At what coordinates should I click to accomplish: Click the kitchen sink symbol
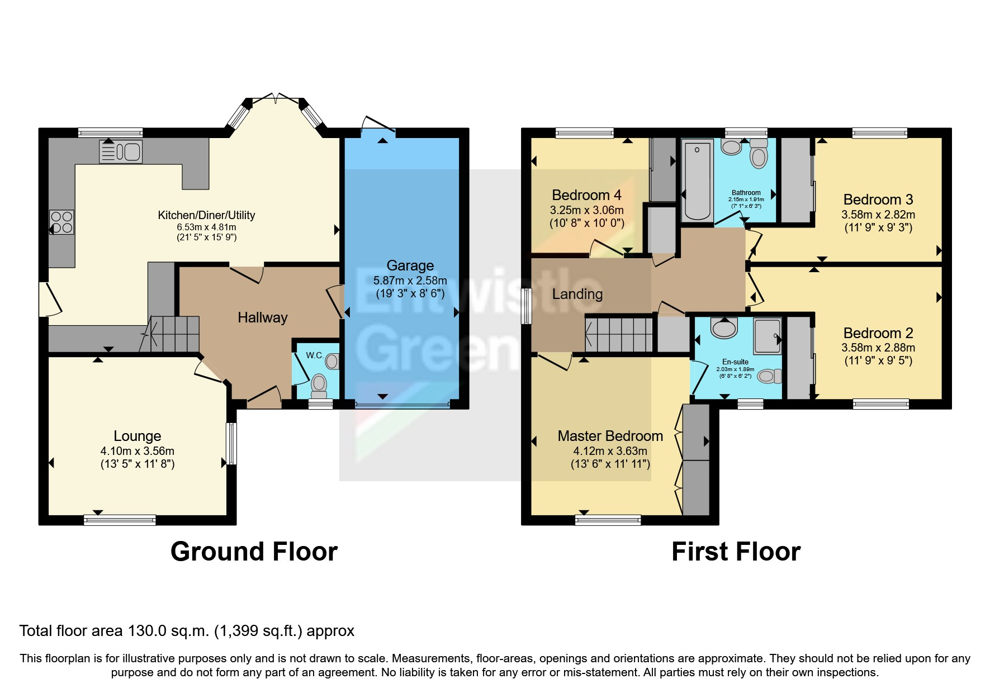tap(121, 151)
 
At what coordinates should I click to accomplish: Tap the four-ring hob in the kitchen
tap(61, 221)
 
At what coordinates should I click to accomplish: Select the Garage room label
tap(410, 265)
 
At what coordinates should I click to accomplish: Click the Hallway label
tap(262, 317)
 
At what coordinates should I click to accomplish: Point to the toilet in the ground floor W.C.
tap(319, 384)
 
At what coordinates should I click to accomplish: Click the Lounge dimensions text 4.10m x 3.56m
tap(137, 451)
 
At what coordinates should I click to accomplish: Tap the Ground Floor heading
tap(254, 552)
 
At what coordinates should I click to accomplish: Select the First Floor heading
tap(736, 552)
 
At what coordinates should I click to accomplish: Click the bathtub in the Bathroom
tap(697, 180)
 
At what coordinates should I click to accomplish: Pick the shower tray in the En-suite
tap(766, 336)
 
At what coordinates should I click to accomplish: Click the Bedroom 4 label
tap(586, 195)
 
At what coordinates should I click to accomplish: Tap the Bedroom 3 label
tap(878, 200)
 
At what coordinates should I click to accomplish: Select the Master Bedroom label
tap(610, 436)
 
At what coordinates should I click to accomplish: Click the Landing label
tap(577, 294)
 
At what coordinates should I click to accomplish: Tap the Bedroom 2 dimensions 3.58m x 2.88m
tap(878, 348)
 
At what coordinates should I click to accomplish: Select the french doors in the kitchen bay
tap(277, 100)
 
